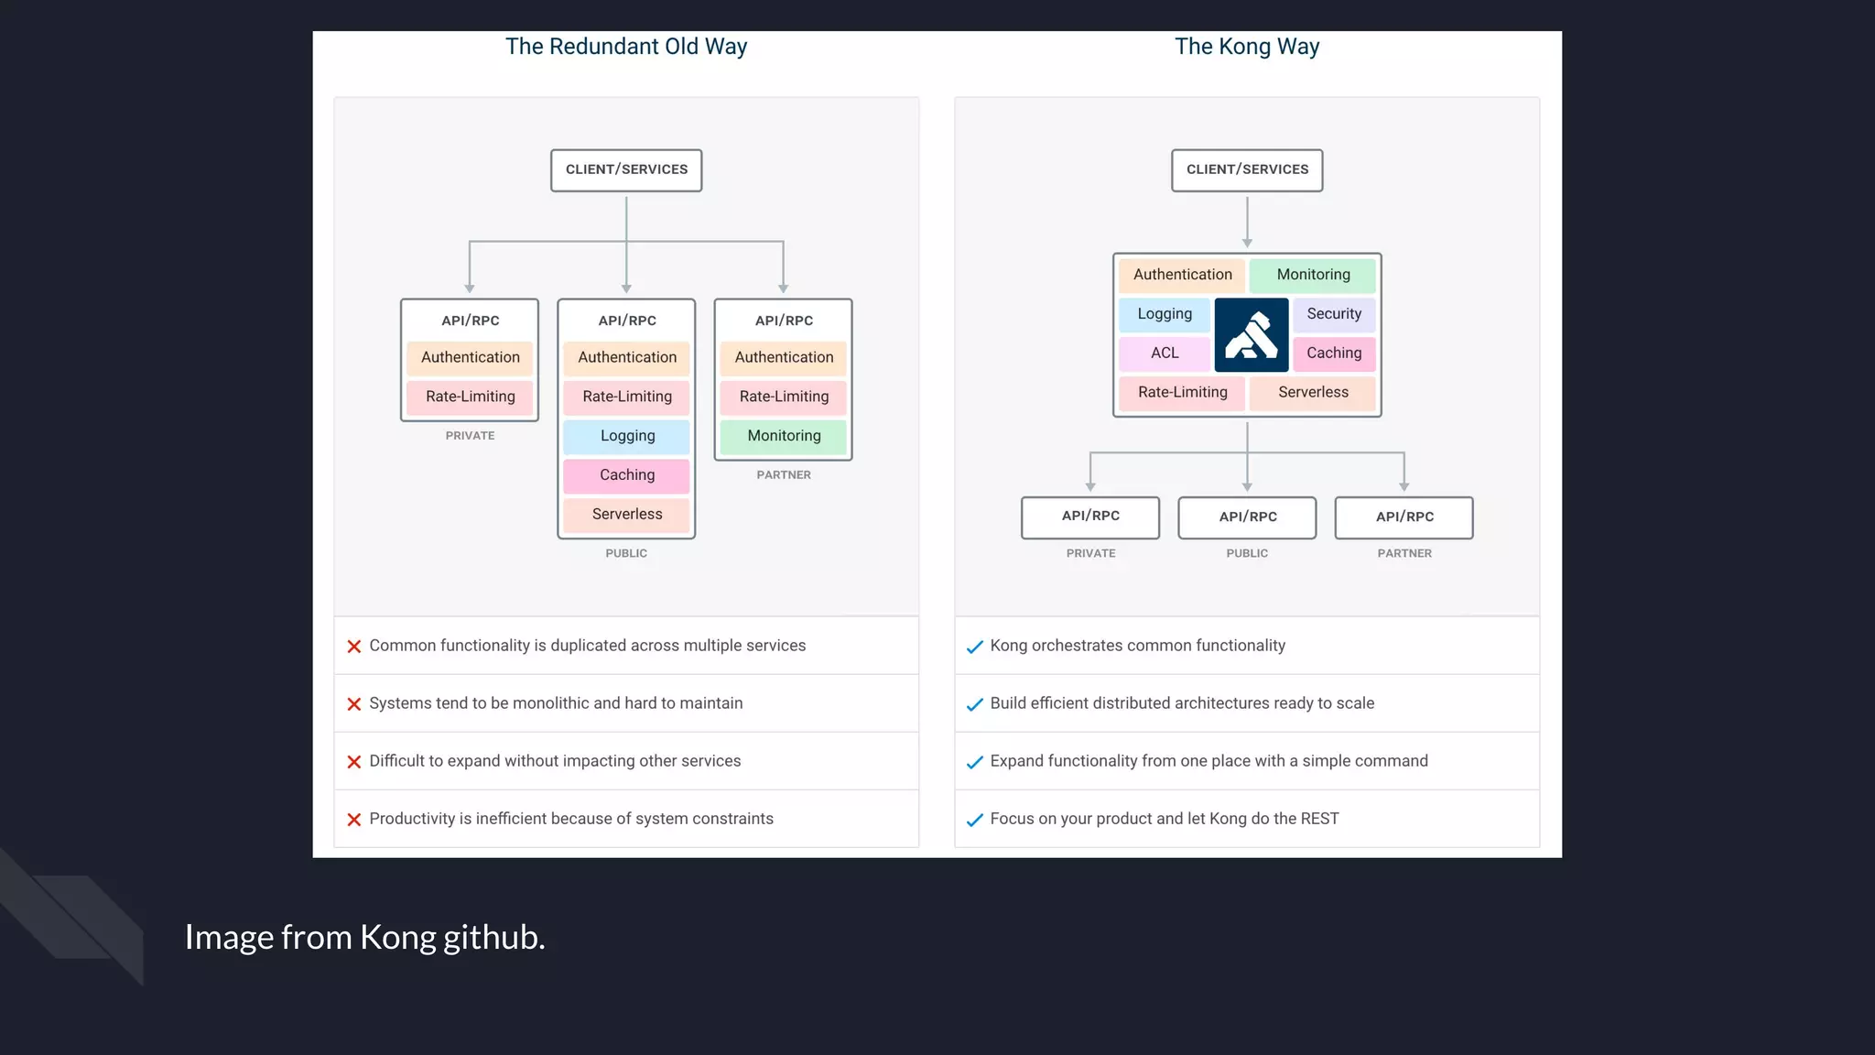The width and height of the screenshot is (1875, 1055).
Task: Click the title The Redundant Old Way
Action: [626, 47]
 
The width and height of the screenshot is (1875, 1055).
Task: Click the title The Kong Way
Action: [1247, 47]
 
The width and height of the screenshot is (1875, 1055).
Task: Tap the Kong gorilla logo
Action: [1251, 334]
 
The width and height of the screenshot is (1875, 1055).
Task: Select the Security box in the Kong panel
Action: [1334, 314]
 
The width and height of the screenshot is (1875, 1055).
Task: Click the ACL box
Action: [1165, 353]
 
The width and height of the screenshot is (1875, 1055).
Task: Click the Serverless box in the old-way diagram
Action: [627, 515]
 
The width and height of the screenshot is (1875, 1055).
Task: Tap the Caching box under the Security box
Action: [1334, 353]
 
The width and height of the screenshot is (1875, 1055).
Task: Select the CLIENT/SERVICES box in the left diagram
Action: [626, 170]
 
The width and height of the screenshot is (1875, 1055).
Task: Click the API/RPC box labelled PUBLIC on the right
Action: [1247, 517]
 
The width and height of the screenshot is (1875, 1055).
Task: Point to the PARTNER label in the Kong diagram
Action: [1404, 554]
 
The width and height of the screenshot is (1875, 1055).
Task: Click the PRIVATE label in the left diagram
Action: [470, 436]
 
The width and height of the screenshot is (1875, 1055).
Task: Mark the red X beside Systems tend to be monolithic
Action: [354, 704]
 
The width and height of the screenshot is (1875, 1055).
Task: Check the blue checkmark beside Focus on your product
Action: [975, 820]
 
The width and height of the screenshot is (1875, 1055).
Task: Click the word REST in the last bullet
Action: [1319, 819]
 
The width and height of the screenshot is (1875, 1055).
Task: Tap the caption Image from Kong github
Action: [364, 937]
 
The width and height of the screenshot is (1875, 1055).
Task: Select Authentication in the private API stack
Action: [470, 358]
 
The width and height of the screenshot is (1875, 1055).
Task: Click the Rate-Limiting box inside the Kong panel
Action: [1182, 393]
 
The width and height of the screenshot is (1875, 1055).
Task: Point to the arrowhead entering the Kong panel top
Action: [1247, 244]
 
